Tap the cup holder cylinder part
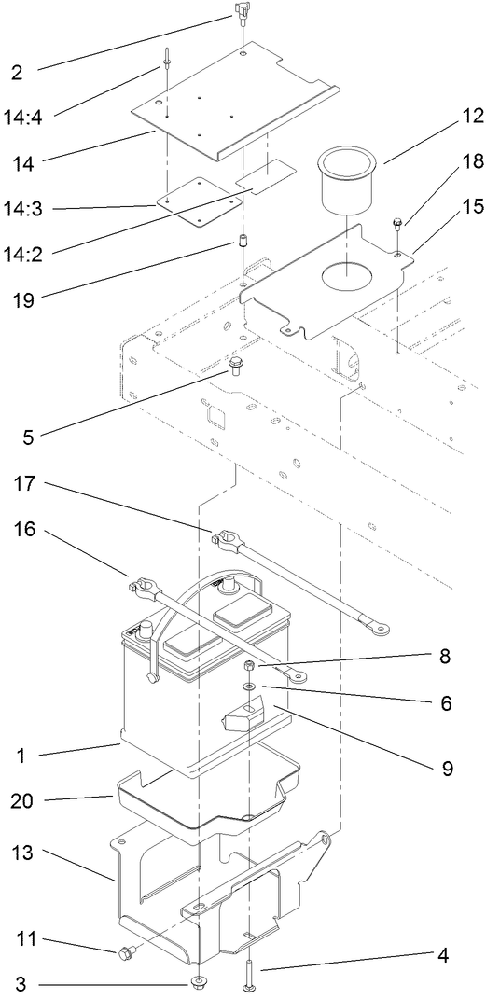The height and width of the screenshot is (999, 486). (348, 181)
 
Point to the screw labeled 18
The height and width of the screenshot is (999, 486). (398, 225)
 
